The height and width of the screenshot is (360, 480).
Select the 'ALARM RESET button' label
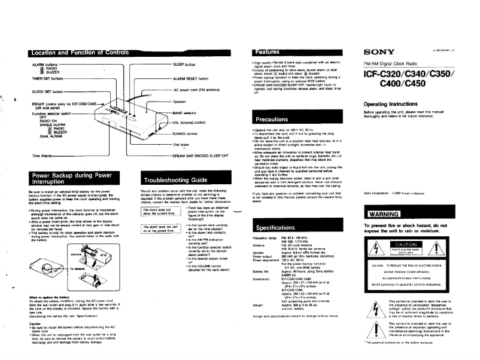(190, 78)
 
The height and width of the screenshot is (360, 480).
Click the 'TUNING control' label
(187, 134)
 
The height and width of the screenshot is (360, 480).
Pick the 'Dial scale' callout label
(183, 144)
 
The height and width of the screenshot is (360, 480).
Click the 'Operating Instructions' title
(392, 104)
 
